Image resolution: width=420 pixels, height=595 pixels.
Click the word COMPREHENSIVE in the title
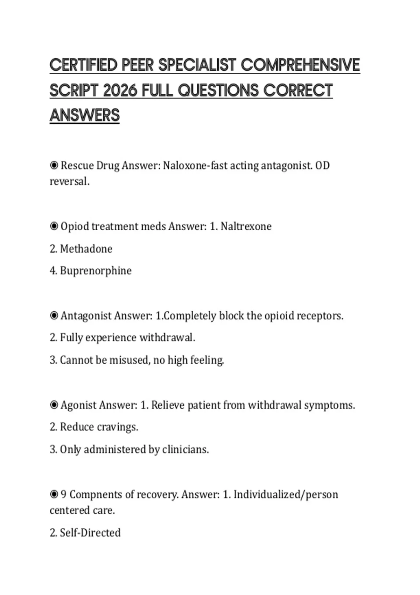[300, 65]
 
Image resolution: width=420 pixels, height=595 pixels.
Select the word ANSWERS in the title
[85, 115]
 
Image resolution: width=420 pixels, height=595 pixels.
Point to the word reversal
[69, 181]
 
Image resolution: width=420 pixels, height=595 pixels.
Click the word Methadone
[86, 249]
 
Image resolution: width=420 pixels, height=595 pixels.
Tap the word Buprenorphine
[96, 271]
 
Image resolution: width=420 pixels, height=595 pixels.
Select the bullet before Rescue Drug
[54, 165]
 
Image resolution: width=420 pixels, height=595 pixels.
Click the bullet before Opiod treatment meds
[54, 226]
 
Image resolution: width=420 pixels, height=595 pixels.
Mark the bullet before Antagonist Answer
[54, 316]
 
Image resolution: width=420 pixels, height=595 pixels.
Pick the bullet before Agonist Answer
[54, 405]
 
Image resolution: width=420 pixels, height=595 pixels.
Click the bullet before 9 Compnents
[54, 494]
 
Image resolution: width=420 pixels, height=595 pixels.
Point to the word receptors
[320, 316]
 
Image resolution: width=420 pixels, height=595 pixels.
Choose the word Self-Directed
[90, 533]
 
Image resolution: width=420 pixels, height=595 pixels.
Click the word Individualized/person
[286, 494]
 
